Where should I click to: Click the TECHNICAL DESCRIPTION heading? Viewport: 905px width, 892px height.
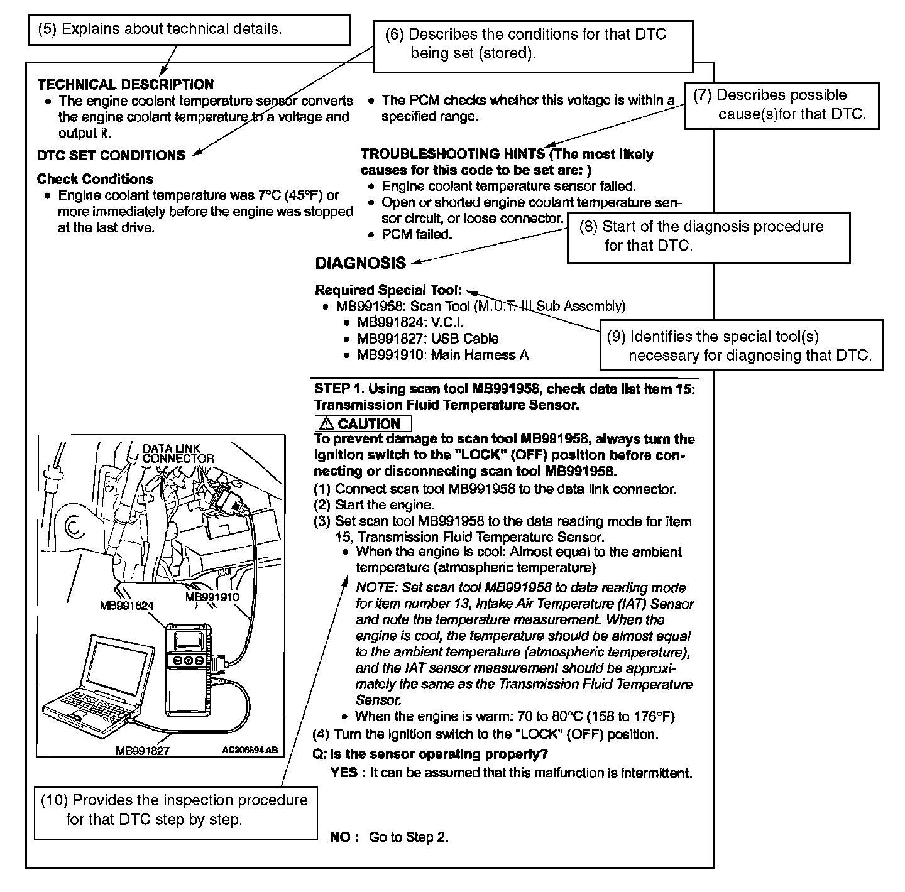126,85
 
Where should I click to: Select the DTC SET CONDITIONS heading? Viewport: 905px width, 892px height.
111,156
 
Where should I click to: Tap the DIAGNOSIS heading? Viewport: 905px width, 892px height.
361,263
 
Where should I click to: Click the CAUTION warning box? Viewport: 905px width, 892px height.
363,423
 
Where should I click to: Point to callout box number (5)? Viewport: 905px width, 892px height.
189,30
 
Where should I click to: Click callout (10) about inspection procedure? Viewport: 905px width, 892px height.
175,810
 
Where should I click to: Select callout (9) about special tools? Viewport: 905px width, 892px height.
741,345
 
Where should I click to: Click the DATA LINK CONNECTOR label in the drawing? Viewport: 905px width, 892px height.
178,454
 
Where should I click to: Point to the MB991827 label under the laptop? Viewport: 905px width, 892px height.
143,751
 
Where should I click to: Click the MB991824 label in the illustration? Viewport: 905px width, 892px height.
127,606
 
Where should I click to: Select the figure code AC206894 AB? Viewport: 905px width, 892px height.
250,750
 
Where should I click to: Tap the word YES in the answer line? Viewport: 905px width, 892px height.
343,773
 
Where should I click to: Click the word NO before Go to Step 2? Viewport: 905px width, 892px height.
341,837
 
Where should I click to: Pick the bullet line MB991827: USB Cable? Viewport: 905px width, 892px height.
427,339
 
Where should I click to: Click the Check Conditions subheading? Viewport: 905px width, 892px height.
95,179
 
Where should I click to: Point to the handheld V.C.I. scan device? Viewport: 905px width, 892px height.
188,669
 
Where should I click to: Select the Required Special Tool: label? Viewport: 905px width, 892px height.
388,290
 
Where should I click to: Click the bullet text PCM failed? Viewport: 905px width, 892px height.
417,235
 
